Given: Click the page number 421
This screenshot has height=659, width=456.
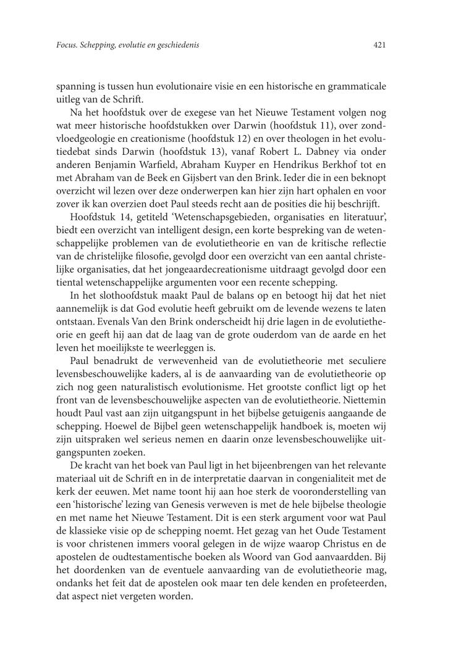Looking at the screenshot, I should (380, 45).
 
